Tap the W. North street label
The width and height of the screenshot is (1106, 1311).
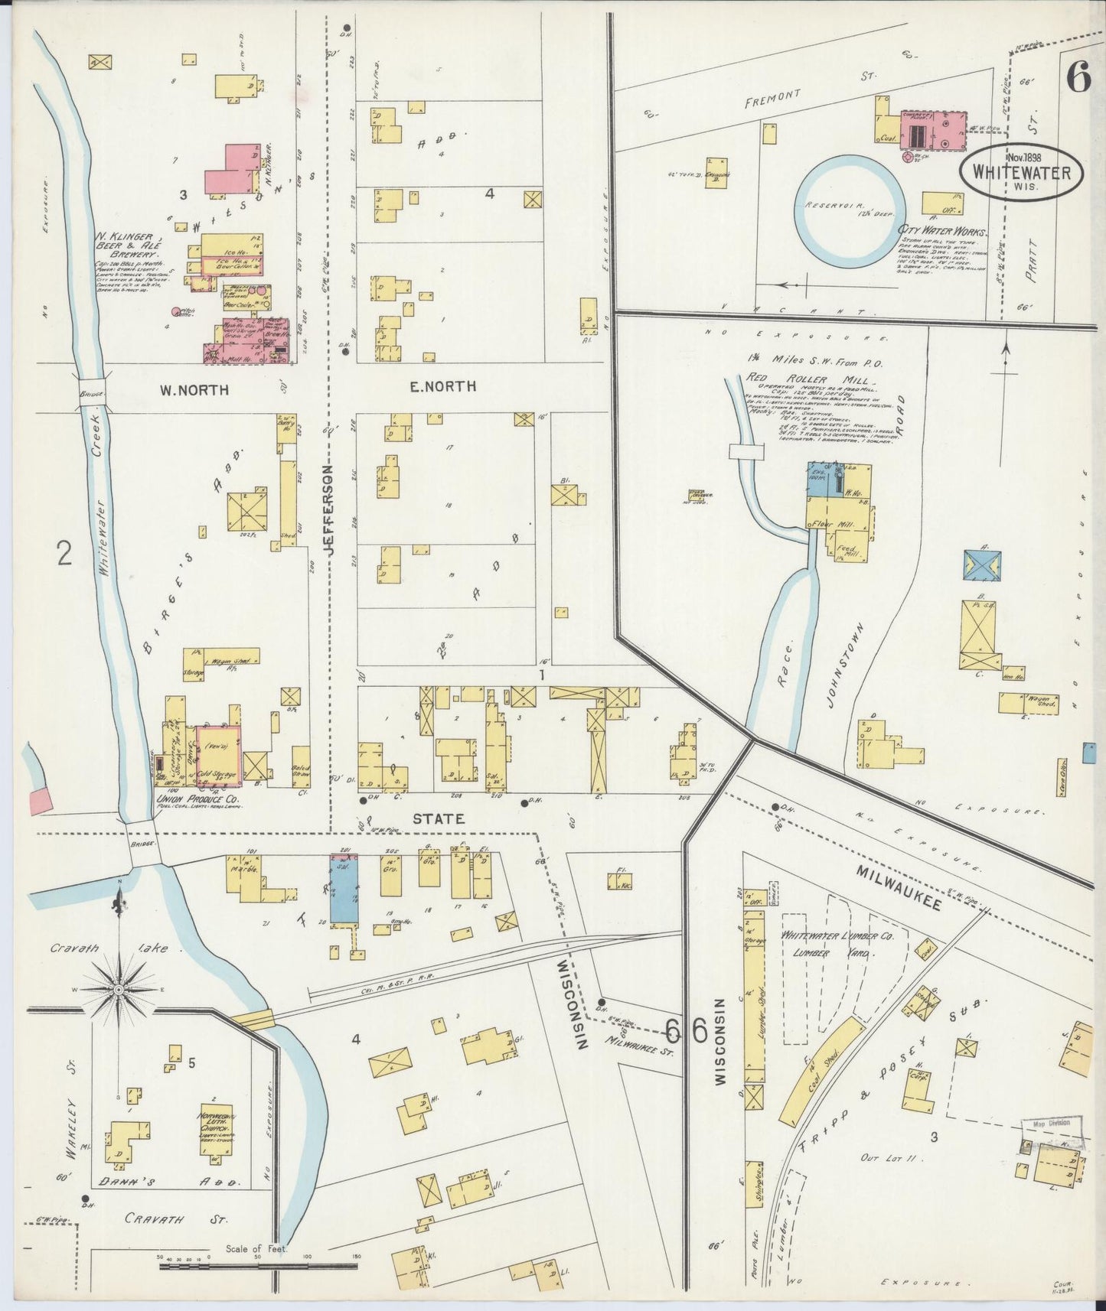tap(194, 389)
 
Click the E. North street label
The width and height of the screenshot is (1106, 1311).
tap(442, 387)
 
